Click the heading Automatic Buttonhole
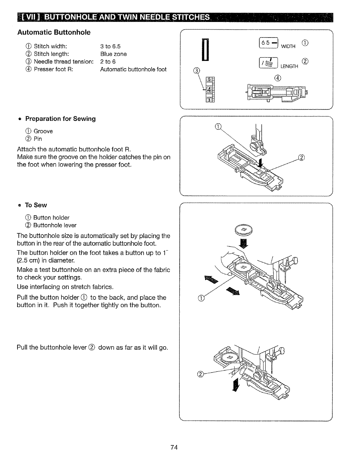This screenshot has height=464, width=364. pos(54,33)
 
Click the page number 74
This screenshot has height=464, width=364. pos(174,447)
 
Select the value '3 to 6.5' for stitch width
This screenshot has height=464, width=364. pos(110,46)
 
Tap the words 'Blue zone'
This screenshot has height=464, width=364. pos(114,54)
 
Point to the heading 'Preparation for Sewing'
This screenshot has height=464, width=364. pos(60,119)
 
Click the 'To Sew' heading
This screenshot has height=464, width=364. pos(36,205)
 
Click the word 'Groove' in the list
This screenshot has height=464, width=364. pos(43,131)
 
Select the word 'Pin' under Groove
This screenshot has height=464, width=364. pos(38,139)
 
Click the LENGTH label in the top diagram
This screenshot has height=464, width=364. pos(289,66)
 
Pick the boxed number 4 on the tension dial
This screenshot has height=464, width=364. pos(209,90)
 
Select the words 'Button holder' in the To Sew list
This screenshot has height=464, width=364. pos(51,218)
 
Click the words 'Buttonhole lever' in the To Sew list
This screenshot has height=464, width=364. pos(55,225)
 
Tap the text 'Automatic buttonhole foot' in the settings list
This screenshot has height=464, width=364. pos(133,69)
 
